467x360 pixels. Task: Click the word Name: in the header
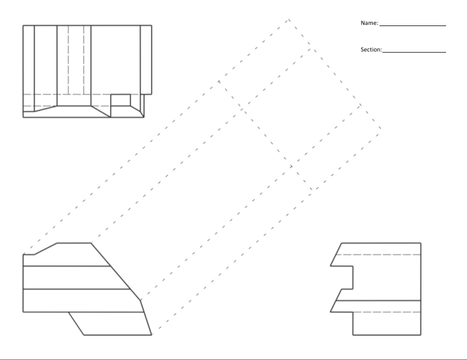click(369, 24)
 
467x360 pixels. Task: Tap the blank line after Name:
click(412, 25)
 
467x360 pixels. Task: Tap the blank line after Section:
click(414, 52)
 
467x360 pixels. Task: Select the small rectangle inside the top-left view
click(120, 100)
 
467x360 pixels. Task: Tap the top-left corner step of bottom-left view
click(29, 254)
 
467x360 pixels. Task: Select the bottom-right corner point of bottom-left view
click(152, 335)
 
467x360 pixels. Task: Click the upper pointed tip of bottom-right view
click(331, 265)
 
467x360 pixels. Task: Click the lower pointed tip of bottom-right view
click(331, 311)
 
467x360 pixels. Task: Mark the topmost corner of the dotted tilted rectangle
click(289, 20)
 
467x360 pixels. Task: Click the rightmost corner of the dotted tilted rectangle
click(381, 128)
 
